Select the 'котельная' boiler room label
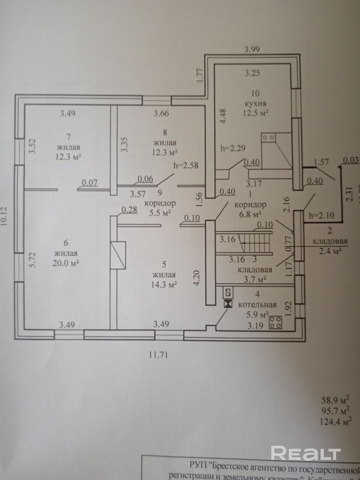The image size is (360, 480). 257,304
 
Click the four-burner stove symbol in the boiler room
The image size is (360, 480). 275,322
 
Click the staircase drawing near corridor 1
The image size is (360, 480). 244,243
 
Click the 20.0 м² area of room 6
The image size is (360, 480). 66,263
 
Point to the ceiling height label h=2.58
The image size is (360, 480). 186,165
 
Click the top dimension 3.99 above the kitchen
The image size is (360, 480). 252,48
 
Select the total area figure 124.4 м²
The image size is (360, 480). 336,421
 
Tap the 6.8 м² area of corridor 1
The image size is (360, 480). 250,214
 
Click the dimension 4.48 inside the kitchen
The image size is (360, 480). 223,116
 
